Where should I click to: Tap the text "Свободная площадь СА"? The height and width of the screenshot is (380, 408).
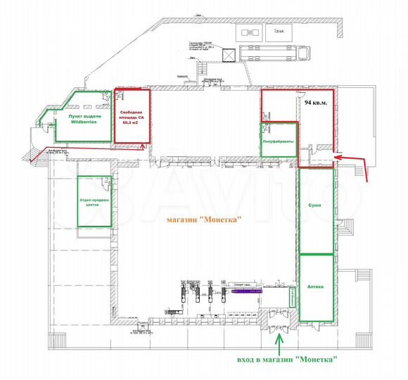coord(131,114)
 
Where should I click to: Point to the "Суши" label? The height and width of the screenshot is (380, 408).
coord(315,205)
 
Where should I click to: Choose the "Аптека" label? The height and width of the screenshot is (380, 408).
coord(315,287)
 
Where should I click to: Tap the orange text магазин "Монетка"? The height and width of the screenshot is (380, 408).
coord(203,220)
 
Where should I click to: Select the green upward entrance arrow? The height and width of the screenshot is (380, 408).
coord(278,343)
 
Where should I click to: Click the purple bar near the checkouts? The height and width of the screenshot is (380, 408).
coord(243,289)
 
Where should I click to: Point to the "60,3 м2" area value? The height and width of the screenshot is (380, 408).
coord(131,122)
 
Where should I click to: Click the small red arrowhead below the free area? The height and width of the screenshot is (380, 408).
coord(143,147)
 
